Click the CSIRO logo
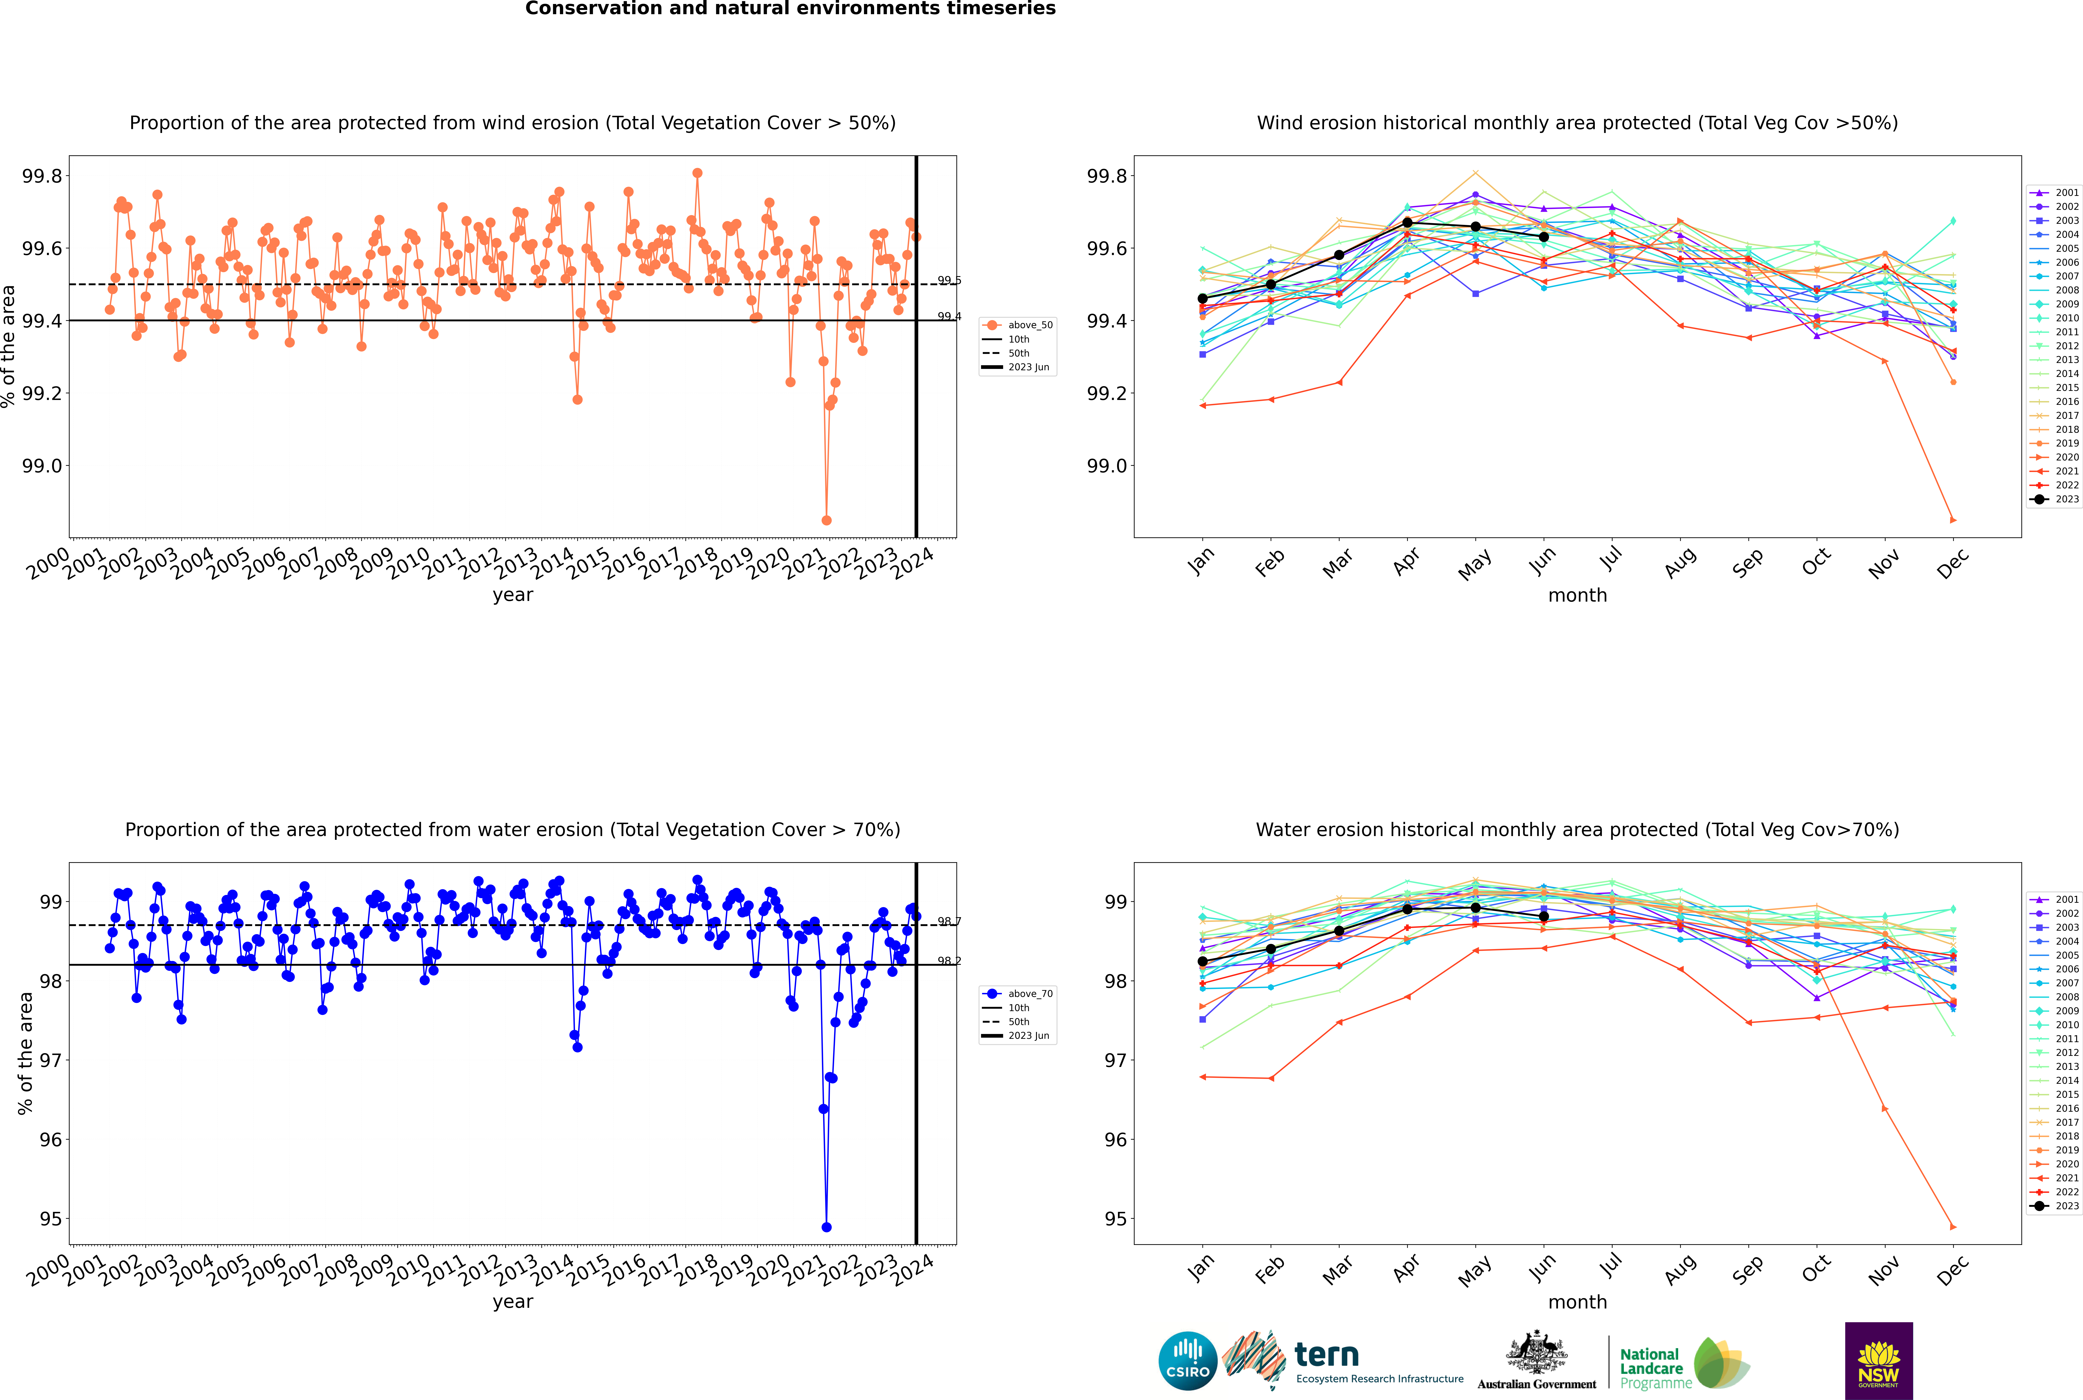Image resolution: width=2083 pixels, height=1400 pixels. pyautogui.click(x=1188, y=1361)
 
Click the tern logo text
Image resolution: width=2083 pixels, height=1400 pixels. pyautogui.click(x=1327, y=1355)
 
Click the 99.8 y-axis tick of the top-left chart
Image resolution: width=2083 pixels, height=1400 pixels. pyautogui.click(x=42, y=176)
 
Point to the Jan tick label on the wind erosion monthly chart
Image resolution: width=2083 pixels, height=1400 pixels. pyautogui.click(x=1202, y=561)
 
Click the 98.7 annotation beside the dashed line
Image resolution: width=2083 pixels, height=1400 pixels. pyautogui.click(x=949, y=921)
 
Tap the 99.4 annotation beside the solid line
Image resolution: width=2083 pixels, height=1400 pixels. pyautogui.click(x=949, y=317)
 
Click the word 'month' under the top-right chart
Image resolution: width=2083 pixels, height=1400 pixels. pyautogui.click(x=1578, y=596)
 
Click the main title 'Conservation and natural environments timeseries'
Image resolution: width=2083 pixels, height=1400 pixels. pyautogui.click(x=790, y=9)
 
